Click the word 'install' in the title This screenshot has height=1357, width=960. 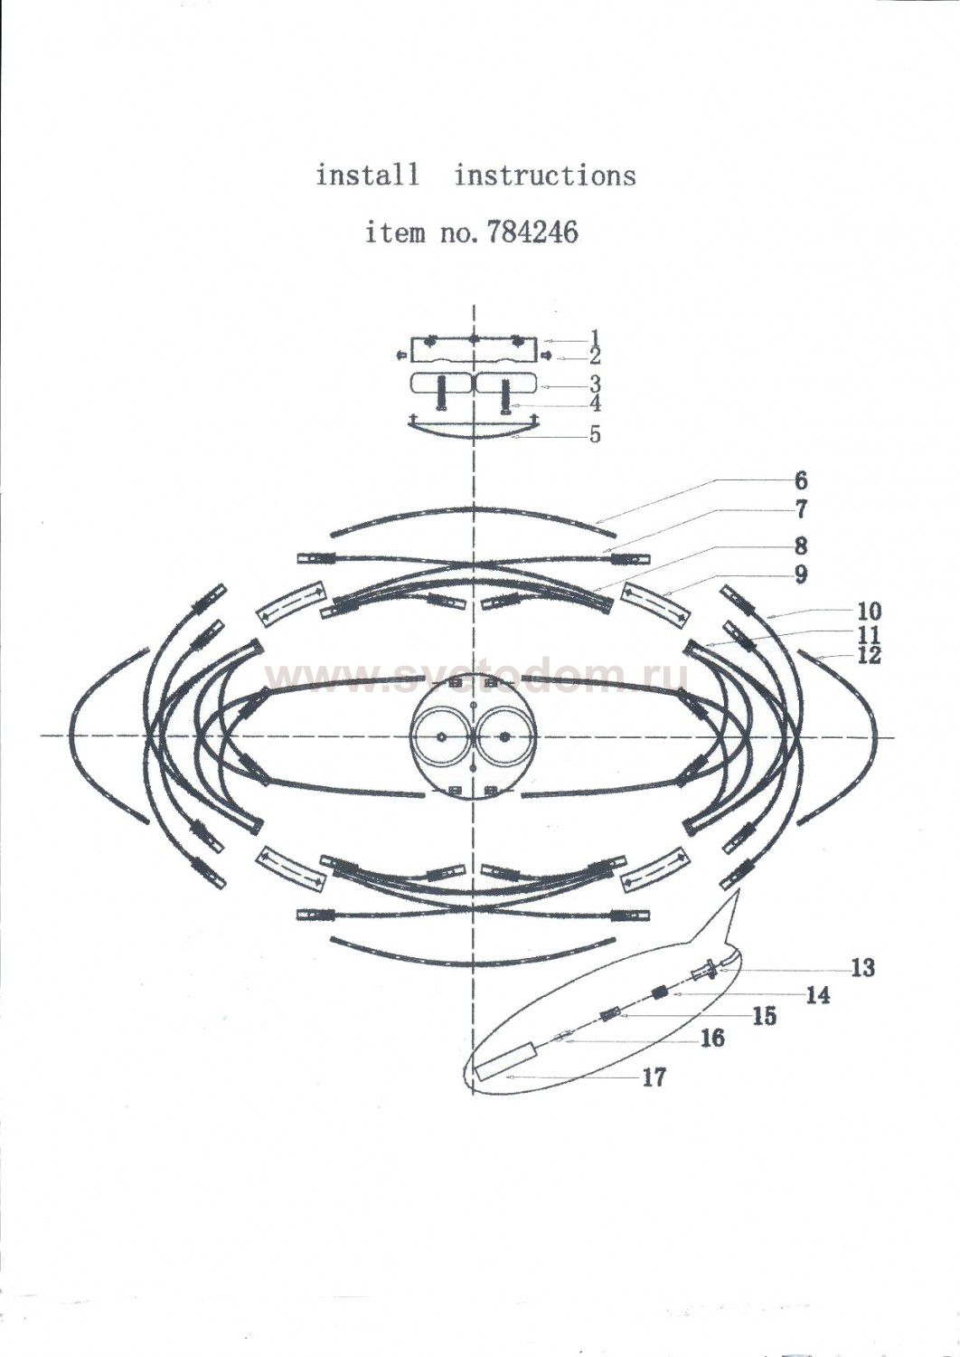tap(367, 176)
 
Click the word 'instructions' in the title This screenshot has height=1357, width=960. tap(545, 176)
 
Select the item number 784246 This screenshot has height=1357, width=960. tap(532, 232)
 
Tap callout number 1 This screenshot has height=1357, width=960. tap(595, 337)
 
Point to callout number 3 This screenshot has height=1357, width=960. tap(595, 384)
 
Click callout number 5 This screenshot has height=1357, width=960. tap(595, 434)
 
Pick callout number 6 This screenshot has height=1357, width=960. tap(801, 480)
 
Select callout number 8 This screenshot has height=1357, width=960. tap(801, 546)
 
